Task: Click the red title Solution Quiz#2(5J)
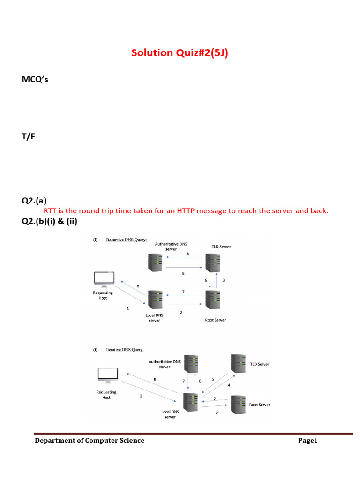180,52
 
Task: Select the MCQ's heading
35,79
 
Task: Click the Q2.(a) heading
34,201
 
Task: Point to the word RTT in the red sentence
50,211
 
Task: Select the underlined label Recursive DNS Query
126,240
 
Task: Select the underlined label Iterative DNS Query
125,349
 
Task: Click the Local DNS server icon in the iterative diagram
190,402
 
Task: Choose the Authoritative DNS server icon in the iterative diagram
191,363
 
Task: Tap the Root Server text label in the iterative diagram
259,404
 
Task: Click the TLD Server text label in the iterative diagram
259,364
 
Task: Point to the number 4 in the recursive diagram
187,254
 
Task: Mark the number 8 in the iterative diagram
155,379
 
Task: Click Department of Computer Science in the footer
90,440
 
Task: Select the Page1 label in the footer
308,440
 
